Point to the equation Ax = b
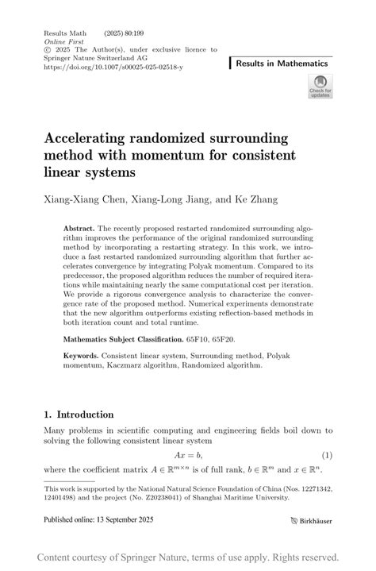(x=187, y=456)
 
